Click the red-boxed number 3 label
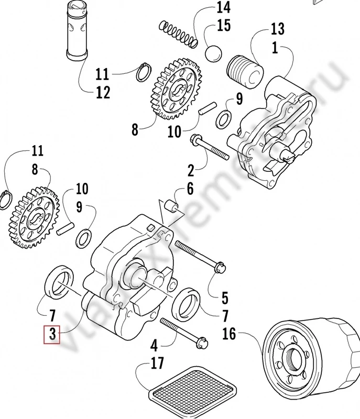click(x=52, y=333)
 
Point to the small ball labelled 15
click(x=213, y=54)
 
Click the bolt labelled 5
click(x=200, y=255)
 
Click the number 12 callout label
click(x=103, y=93)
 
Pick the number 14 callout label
click(x=223, y=7)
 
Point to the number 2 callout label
click(x=191, y=170)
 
